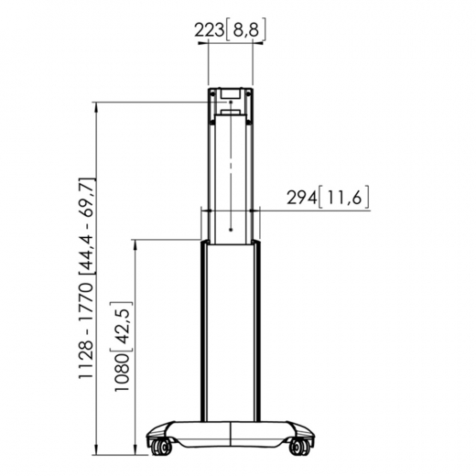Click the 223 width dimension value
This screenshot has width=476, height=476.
click(x=210, y=31)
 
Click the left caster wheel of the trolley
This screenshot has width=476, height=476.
click(x=163, y=448)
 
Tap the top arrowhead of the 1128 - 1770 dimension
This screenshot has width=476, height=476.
click(x=97, y=105)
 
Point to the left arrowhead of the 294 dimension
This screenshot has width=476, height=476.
click(x=202, y=210)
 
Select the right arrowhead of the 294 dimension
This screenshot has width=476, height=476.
click(x=260, y=210)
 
